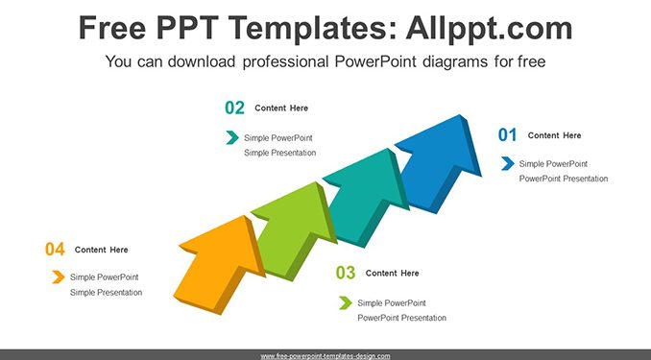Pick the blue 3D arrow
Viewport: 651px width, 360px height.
click(437, 165)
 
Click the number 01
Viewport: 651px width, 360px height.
click(507, 135)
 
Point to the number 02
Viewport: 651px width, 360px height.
click(234, 108)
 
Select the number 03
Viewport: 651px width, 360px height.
click(346, 273)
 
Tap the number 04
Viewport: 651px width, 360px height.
click(55, 250)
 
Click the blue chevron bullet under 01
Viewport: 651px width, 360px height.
click(508, 163)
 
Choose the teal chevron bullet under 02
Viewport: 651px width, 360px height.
click(232, 137)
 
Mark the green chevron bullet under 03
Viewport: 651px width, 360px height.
click(346, 302)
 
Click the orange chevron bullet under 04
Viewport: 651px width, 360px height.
click(59, 276)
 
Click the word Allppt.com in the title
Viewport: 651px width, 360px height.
click(489, 28)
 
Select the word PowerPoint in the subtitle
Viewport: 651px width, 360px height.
click(375, 61)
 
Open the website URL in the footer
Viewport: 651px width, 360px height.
click(325, 356)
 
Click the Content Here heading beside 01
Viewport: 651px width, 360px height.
click(554, 135)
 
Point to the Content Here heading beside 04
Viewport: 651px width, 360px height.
click(102, 250)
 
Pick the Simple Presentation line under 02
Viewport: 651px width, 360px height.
click(279, 153)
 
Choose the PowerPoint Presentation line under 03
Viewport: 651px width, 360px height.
click(402, 318)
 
